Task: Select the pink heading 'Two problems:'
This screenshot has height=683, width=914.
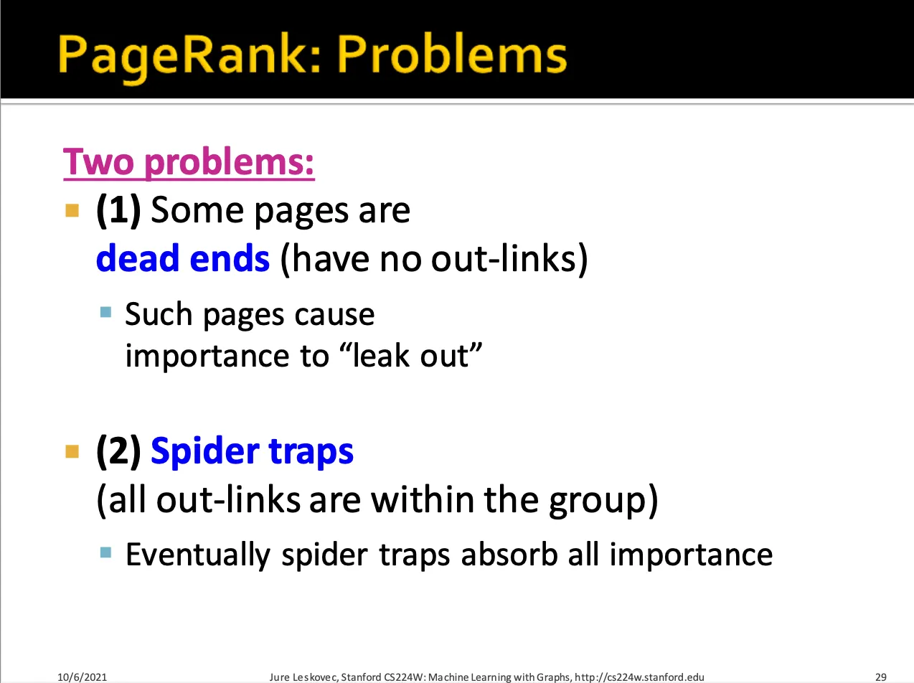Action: coord(189,162)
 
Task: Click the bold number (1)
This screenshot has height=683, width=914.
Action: coord(118,211)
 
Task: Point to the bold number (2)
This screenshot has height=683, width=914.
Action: coord(118,451)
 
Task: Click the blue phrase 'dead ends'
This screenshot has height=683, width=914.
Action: coord(183,258)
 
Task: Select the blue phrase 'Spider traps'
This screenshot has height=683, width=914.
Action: coord(252,452)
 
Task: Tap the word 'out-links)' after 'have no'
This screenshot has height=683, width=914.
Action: coord(509,258)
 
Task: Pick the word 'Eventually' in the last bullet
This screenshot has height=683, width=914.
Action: coord(198,555)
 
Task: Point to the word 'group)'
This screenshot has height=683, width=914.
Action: coord(603,501)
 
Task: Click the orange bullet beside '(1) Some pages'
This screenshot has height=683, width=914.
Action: coord(72,210)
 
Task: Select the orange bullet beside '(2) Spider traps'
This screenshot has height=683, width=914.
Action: coord(72,451)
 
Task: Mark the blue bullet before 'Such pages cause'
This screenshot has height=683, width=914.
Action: coord(105,312)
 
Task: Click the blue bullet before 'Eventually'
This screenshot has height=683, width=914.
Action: coord(105,552)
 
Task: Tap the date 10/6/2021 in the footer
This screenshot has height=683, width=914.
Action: coord(82,677)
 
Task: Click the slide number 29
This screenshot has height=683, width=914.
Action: coord(881,677)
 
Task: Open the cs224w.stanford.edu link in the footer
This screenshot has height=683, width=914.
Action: coord(639,677)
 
